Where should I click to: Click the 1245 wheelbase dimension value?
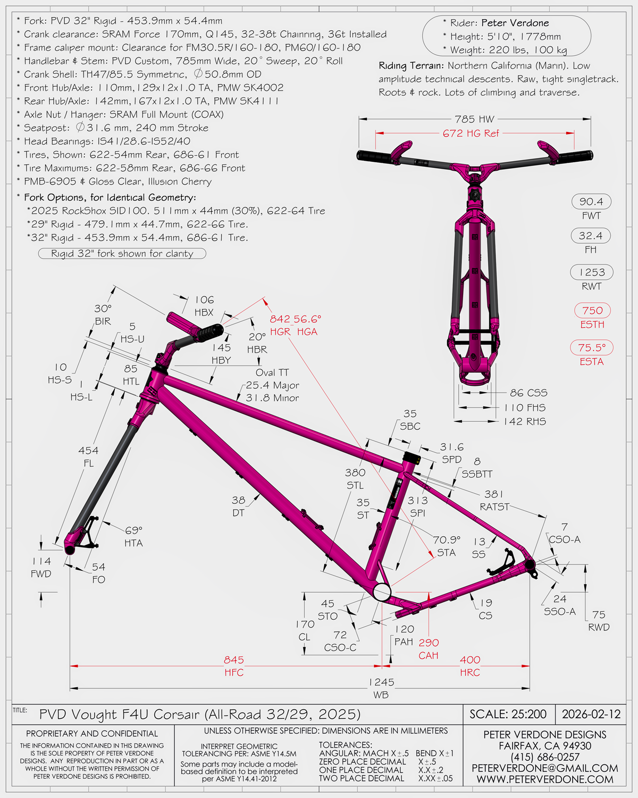click(x=381, y=683)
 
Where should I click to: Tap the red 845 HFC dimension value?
click(x=233, y=660)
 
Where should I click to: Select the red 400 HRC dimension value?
click(x=469, y=660)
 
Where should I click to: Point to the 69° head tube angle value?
click(x=133, y=530)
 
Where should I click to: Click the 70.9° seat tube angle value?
click(x=447, y=540)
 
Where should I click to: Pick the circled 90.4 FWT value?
click(x=591, y=202)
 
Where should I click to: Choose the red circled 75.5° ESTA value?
click(x=592, y=347)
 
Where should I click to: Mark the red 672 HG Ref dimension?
click(x=471, y=133)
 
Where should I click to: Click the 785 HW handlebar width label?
click(x=475, y=119)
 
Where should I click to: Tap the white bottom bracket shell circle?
click(x=382, y=592)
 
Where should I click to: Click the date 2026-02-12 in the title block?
click(x=591, y=714)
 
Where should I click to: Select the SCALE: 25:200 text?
click(x=508, y=714)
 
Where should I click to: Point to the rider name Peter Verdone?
click(x=515, y=23)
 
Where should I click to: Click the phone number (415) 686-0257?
click(x=544, y=757)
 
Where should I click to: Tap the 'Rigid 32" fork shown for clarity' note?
click(x=122, y=254)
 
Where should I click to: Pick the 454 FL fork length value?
click(x=88, y=451)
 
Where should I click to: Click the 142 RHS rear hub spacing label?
click(x=525, y=421)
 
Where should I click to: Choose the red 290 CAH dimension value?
click(x=429, y=643)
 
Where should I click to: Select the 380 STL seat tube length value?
click(x=355, y=473)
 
